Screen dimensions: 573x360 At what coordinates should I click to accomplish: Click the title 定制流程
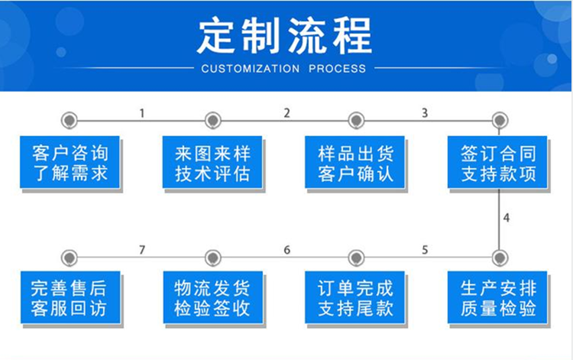[285, 36]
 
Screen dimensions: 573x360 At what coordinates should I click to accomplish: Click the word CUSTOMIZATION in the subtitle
[251, 69]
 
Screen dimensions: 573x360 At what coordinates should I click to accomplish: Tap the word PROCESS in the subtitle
[337, 69]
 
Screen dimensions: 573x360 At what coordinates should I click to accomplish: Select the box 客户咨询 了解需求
[70, 162]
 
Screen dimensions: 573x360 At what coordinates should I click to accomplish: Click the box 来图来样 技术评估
[212, 162]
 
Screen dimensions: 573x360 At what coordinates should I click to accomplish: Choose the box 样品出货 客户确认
[354, 162]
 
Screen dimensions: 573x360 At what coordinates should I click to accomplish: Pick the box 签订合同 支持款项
[497, 162]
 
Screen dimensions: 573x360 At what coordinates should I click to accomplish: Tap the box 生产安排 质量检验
[497, 297]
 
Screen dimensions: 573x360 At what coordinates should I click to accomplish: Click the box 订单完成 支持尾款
[354, 297]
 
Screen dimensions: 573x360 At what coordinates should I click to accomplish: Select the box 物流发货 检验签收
[213, 297]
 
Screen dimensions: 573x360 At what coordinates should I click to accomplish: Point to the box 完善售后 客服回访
[70, 297]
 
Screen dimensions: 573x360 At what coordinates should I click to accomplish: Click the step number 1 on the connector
[142, 113]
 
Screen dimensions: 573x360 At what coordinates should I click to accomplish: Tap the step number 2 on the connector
[286, 113]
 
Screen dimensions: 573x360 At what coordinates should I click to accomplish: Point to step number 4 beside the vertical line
[506, 218]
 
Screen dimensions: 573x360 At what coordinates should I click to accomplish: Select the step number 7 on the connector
[142, 250]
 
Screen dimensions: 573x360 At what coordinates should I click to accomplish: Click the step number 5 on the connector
[425, 250]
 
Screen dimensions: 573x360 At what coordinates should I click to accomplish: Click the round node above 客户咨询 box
[69, 120]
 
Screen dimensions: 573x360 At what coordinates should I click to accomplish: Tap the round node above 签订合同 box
[500, 120]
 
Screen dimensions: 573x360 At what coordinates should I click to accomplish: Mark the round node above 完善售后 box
[69, 258]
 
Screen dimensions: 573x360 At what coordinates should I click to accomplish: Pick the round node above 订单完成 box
[356, 258]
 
